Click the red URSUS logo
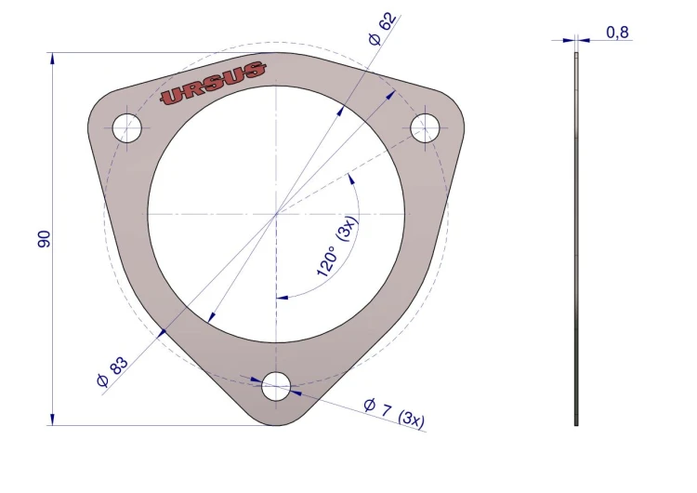coord(214,83)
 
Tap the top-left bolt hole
coord(127,128)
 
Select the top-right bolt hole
coord(425,127)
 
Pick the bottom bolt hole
coord(276,386)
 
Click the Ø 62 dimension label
coord(382,29)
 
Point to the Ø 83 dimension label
coord(112,372)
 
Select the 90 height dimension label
coord(44,239)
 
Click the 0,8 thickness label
coord(617,33)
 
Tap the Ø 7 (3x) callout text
coord(394,414)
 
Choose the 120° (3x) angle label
coord(337,246)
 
